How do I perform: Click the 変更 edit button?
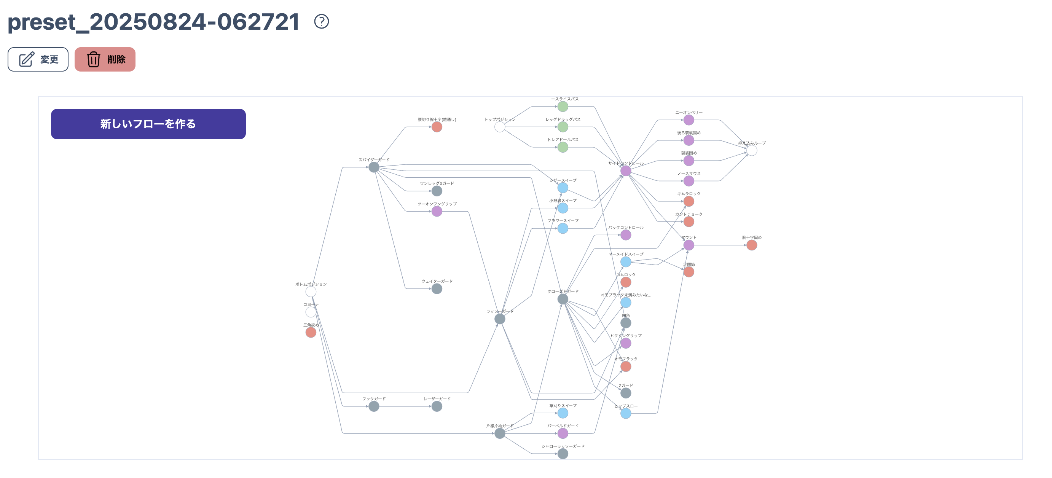[38, 60]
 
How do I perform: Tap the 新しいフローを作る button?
[148, 124]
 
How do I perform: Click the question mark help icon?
[321, 21]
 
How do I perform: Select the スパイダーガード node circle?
[374, 167]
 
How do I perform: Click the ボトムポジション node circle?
[311, 292]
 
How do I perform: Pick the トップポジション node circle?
[499, 127]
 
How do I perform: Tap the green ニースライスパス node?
[563, 107]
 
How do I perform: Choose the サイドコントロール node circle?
[626, 171]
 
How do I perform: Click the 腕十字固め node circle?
[751, 245]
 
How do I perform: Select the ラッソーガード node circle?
[499, 319]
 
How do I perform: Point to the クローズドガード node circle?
[563, 299]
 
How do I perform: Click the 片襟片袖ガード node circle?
[499, 433]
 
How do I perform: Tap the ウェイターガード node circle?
[437, 289]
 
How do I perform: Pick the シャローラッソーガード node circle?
[563, 454]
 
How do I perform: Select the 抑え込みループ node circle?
[751, 151]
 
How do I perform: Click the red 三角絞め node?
[311, 333]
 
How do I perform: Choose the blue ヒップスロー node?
[626, 414]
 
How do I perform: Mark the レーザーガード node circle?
[437, 406]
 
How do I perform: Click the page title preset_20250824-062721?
[153, 22]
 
